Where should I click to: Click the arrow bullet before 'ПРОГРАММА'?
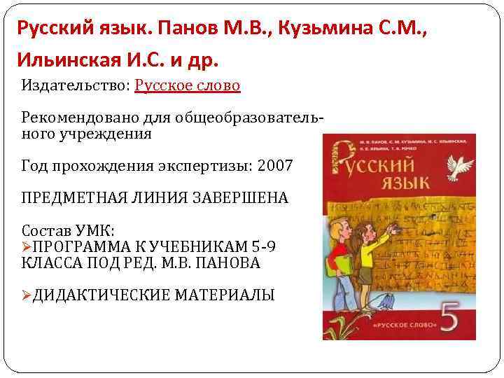(27, 247)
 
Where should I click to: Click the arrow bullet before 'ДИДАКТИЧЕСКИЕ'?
(27, 295)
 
